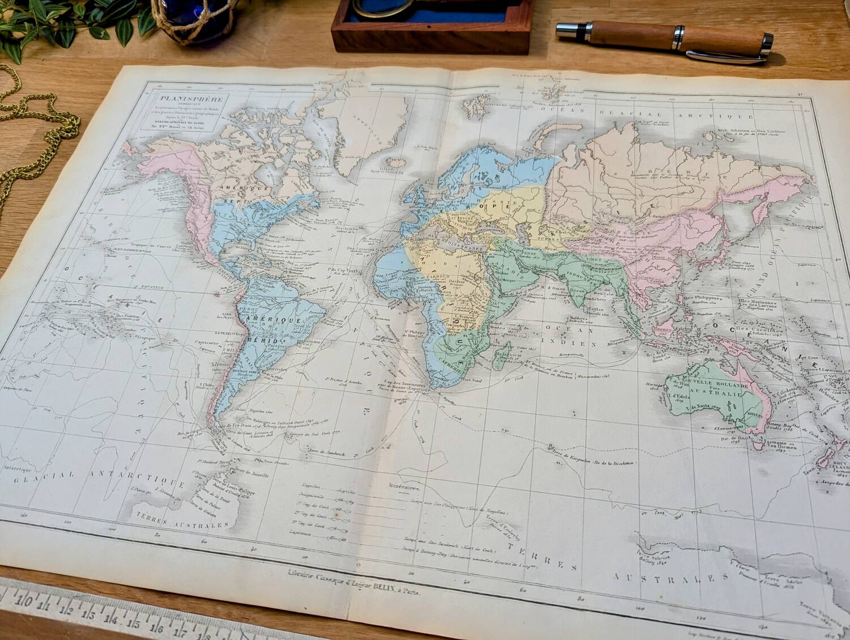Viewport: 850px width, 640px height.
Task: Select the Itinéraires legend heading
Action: click(402, 486)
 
